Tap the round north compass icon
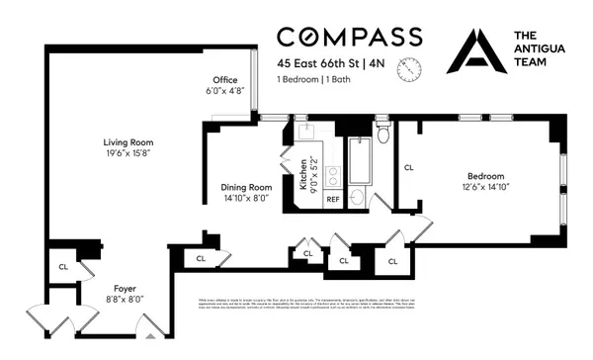tap(408, 69)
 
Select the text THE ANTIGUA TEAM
tap(541, 47)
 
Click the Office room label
tap(225, 80)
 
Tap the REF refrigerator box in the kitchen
tap(333, 199)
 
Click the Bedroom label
tap(485, 175)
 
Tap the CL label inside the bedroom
tap(408, 168)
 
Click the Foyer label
tap(125, 290)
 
